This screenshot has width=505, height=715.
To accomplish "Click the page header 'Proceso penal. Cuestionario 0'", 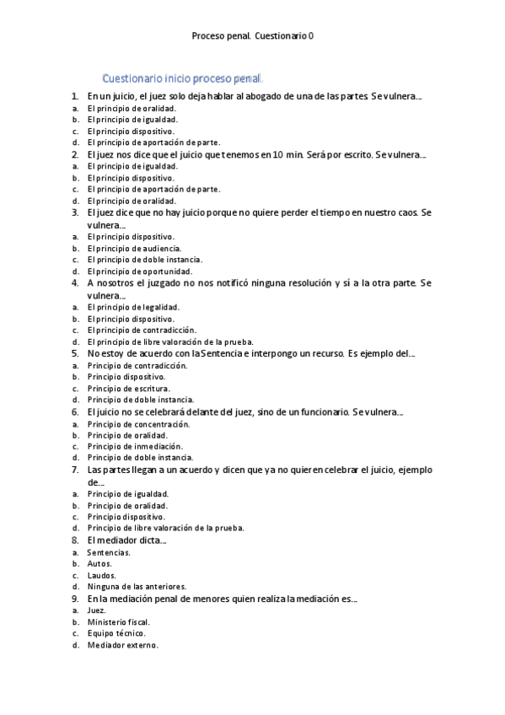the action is [252, 36].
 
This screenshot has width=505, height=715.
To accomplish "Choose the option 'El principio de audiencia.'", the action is [133, 249].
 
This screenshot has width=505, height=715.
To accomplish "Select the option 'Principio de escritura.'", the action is [128, 389].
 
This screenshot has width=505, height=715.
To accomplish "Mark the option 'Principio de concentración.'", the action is [138, 424].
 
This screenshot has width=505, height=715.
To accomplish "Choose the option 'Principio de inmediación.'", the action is [135, 446].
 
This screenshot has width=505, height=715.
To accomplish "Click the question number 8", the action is [74, 540].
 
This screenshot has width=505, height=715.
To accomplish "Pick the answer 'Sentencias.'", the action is [109, 552].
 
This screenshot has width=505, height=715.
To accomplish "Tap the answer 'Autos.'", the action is [99, 563].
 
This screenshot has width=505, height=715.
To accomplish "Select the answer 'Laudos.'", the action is [102, 575].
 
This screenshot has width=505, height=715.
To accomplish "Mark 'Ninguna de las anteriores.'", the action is [137, 586].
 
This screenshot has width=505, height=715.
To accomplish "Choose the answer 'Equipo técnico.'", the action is [116, 633].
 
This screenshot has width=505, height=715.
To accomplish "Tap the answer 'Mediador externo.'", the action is [122, 645].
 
